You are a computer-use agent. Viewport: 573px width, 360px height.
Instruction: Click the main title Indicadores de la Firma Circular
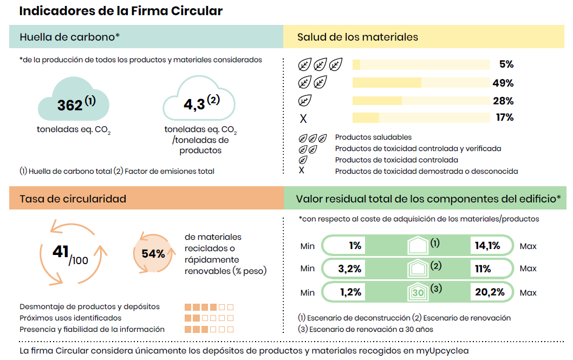(x=121, y=11)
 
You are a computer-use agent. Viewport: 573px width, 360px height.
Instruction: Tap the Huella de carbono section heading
(x=69, y=37)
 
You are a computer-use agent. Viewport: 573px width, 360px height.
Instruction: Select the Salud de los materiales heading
(x=357, y=37)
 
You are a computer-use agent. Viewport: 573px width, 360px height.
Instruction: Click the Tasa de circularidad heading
(x=73, y=199)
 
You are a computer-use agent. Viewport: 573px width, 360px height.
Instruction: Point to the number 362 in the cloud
(x=70, y=105)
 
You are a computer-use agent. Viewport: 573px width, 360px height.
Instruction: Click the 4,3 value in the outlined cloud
(x=194, y=104)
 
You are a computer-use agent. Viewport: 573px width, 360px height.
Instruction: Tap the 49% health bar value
(x=503, y=83)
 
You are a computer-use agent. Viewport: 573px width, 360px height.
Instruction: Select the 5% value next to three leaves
(x=506, y=64)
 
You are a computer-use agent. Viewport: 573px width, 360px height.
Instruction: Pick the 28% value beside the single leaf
(x=503, y=101)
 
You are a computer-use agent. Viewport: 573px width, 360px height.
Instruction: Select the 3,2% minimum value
(x=349, y=269)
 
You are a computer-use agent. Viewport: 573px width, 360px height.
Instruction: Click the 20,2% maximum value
(x=490, y=292)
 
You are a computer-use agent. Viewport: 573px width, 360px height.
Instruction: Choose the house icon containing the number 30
(x=418, y=292)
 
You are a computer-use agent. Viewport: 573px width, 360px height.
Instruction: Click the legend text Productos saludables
(x=373, y=138)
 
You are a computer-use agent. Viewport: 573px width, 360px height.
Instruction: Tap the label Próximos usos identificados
(x=70, y=318)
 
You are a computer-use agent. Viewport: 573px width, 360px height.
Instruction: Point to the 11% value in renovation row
(x=483, y=269)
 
